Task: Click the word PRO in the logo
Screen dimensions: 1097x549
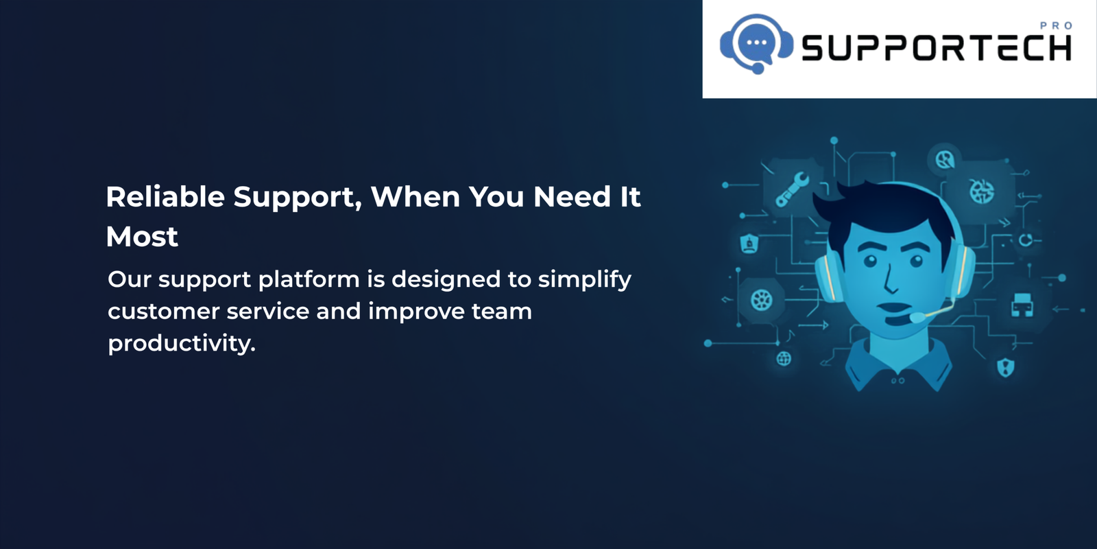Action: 1057,26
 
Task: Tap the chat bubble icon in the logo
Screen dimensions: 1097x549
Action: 757,43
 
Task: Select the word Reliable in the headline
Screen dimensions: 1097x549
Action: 165,196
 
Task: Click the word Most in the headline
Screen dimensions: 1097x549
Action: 142,237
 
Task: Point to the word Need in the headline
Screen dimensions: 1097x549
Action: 572,196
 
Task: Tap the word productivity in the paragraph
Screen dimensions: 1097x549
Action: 182,343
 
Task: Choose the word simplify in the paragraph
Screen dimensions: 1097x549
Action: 585,280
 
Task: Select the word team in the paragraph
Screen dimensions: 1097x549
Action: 501,312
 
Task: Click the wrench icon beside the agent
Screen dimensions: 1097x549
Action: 791,189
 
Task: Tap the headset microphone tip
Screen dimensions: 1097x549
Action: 917,317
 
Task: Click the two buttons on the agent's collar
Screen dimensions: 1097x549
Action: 897,380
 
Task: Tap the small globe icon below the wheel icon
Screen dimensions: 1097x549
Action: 784,359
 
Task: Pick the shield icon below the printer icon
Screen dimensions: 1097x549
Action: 1005,367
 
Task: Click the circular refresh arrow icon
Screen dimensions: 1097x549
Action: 1026,240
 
